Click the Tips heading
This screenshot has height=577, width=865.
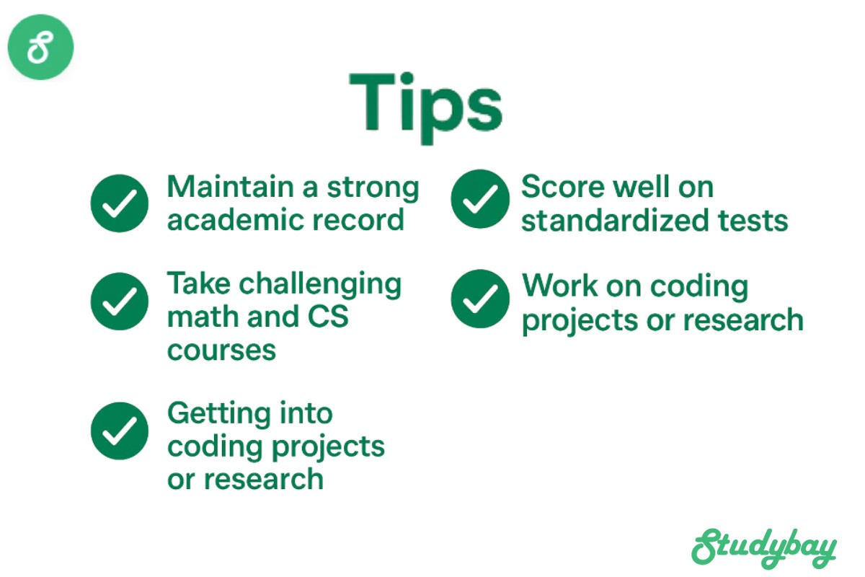[425, 107]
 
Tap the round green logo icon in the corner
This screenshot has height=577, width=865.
[40, 47]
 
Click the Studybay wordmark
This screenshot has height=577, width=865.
[764, 548]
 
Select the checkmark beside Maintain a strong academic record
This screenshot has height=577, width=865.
[120, 203]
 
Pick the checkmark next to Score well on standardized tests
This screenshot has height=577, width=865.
[480, 198]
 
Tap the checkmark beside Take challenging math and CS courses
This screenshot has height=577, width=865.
[120, 301]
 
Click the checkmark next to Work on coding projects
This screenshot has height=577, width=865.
[480, 299]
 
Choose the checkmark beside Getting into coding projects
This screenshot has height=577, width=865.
[120, 431]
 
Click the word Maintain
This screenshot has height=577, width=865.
[231, 187]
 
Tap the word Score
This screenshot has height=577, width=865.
[563, 187]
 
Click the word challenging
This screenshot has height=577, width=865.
[320, 285]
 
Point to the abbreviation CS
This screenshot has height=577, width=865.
[328, 317]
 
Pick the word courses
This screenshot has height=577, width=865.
[222, 351]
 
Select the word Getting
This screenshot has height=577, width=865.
[218, 415]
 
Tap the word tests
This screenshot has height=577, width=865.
[753, 221]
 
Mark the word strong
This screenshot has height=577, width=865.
[373, 188]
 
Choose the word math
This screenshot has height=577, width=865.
[203, 316]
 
